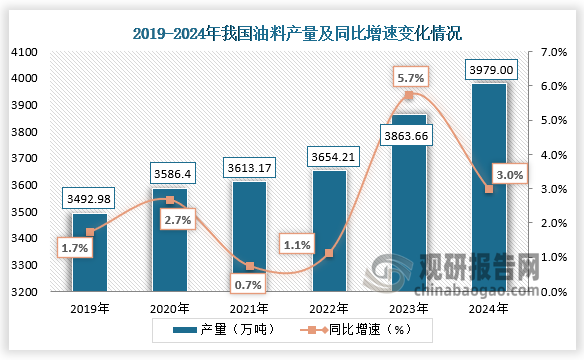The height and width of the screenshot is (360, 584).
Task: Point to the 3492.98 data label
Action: pos(90,198)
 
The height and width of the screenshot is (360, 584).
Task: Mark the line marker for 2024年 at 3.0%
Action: pos(488,189)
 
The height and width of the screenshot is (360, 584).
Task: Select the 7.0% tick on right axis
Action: pos(553,51)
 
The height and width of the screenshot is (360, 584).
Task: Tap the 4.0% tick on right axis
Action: pos(553,155)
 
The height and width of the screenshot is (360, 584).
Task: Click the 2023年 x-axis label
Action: pos(408,310)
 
